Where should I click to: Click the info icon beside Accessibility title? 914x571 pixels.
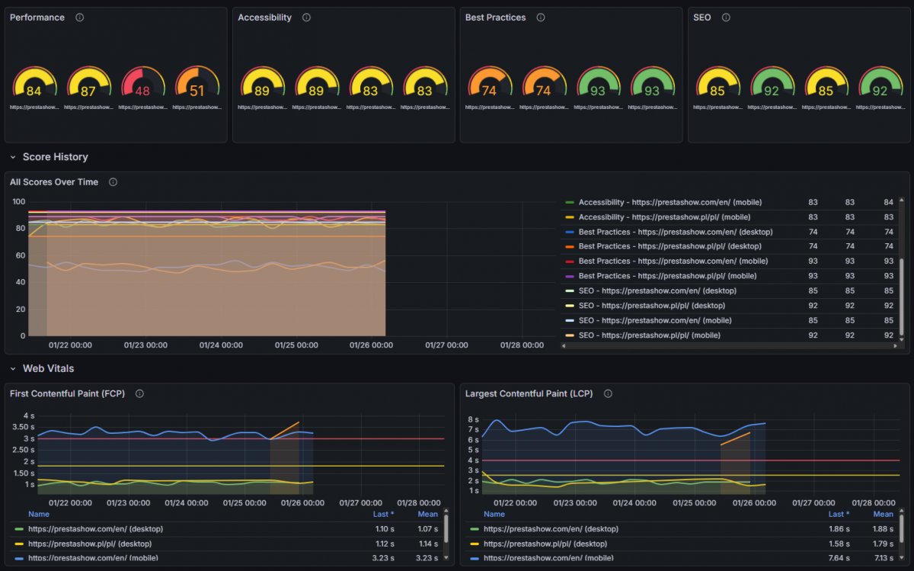306,18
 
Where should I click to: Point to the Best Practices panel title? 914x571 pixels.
495,18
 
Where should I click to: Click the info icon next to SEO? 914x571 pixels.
726,18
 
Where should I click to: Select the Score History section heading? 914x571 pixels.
55,157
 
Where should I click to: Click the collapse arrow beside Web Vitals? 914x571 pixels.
13,369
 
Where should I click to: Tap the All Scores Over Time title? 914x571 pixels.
54,182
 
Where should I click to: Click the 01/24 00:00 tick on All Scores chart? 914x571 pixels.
221,345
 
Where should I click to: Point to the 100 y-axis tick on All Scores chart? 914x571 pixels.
19,202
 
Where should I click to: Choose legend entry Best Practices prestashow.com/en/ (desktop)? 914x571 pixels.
675,232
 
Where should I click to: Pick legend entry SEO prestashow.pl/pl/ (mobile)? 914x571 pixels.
649,335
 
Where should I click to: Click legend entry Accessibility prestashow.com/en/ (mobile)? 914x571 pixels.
670,202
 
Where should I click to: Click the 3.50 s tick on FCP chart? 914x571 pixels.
27,427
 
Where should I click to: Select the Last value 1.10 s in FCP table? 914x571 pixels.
384,529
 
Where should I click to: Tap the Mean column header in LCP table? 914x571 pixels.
883,515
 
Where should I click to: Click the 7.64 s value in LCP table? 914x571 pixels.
839,558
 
